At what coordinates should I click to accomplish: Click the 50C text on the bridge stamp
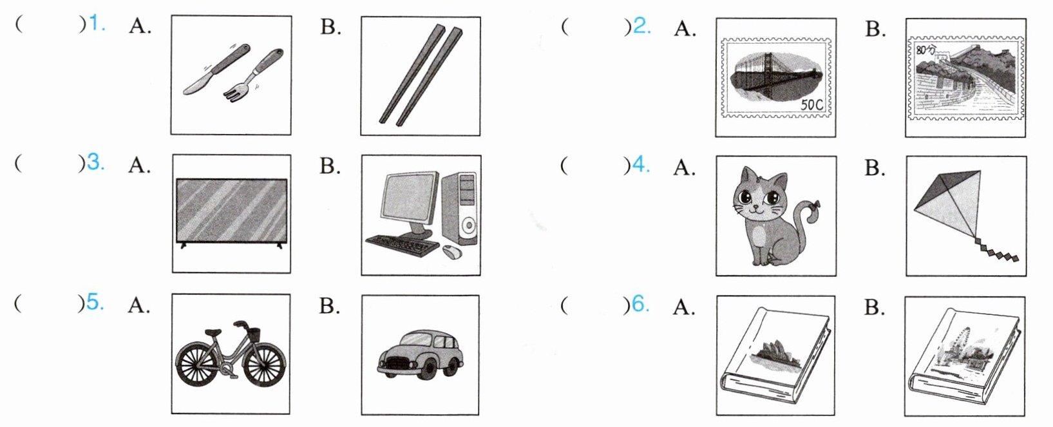coord(810,104)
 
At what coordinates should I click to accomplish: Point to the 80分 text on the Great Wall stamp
coord(925,50)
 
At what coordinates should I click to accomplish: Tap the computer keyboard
coord(402,245)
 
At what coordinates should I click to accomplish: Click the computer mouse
coord(452,253)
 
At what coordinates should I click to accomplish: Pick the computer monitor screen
coord(408,197)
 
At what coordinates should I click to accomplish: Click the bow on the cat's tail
coord(816,207)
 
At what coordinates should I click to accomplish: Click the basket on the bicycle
coord(254,335)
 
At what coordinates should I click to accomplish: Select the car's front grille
coord(397,365)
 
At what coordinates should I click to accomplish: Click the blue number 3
coord(95,162)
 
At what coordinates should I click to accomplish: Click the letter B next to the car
coord(329,306)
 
